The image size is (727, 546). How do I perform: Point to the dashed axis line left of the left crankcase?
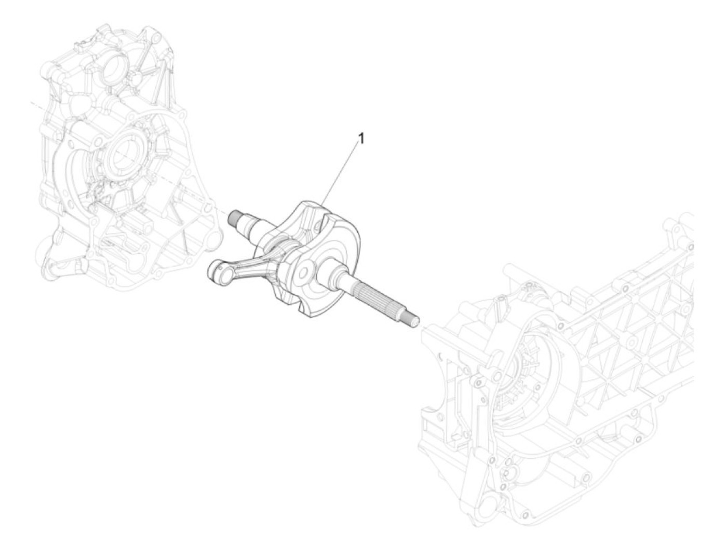(x=39, y=104)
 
